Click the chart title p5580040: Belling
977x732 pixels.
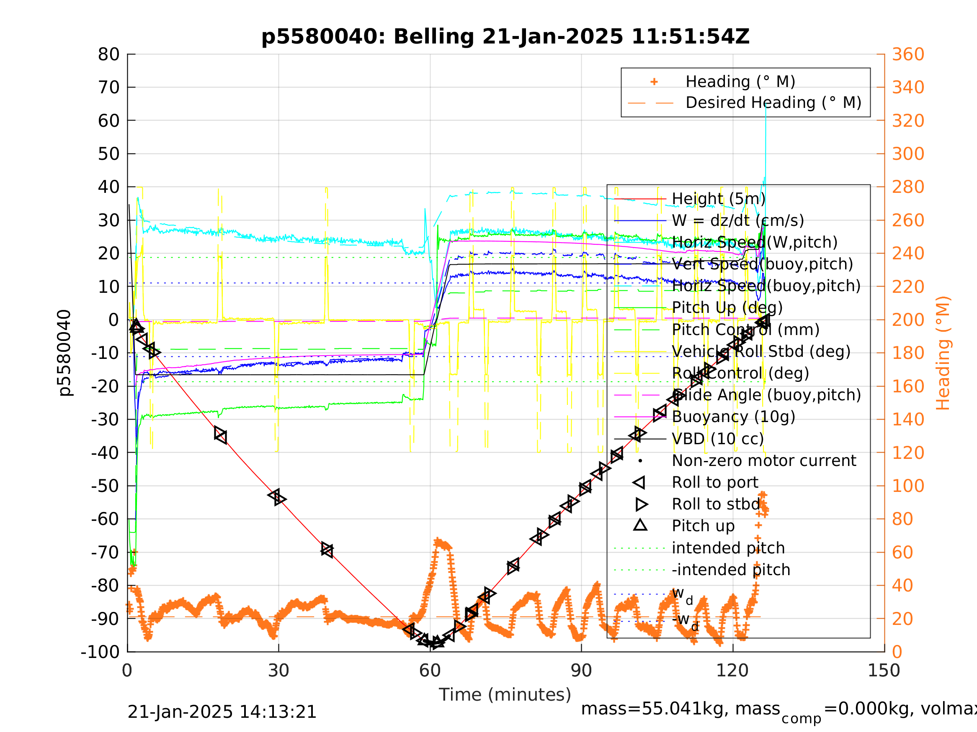click(x=505, y=37)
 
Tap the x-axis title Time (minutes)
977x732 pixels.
click(x=505, y=694)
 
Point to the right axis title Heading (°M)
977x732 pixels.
click(x=943, y=353)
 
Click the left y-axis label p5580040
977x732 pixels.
click(x=64, y=353)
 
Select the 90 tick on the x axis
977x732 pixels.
click(x=581, y=671)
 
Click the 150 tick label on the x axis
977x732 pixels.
click(x=884, y=671)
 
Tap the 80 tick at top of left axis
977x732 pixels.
click(x=108, y=55)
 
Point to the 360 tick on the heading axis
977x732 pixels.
click(x=907, y=55)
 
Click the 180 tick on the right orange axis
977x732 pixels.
click(x=907, y=353)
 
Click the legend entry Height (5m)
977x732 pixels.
click(x=718, y=199)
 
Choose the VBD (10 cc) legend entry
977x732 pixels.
click(x=717, y=439)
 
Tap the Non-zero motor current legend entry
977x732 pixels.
click(x=764, y=461)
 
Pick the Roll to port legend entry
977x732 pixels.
click(x=715, y=482)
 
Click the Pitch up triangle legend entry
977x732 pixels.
click(x=703, y=526)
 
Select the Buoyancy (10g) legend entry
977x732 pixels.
click(x=733, y=417)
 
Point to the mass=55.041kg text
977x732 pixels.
click(x=680, y=709)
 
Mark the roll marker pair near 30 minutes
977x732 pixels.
click(x=277, y=497)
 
